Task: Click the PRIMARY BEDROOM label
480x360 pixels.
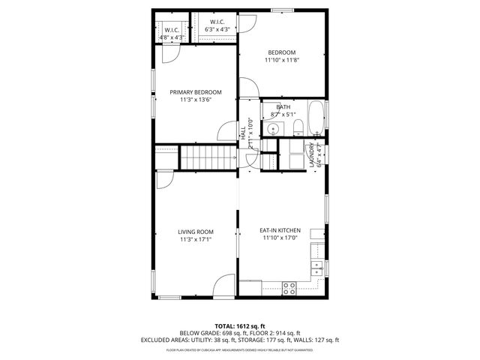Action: click(x=196, y=92)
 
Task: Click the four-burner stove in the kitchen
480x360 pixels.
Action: click(x=289, y=286)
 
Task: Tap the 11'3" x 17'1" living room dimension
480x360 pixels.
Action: click(x=196, y=240)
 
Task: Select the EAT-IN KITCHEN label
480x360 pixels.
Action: click(x=280, y=231)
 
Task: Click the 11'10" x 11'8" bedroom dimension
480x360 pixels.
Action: click(x=283, y=61)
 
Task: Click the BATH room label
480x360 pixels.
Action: click(x=283, y=107)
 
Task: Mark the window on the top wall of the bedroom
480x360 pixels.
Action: click(x=283, y=10)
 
